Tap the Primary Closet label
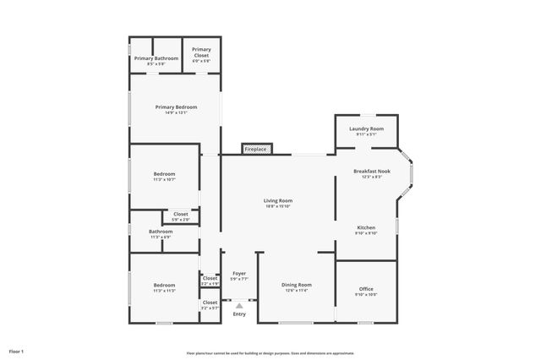click(x=201, y=50)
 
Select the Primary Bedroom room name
click(x=176, y=107)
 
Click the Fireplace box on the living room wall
click(x=256, y=150)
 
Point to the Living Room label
click(x=278, y=200)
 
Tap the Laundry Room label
click(x=366, y=128)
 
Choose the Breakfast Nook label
click(x=372, y=172)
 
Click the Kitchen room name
click(x=366, y=227)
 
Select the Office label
click(x=366, y=289)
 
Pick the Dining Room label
click(x=296, y=285)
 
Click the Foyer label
click(x=239, y=274)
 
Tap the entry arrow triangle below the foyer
click(x=239, y=305)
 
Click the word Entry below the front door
click(x=239, y=314)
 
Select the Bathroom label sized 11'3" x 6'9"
click(x=161, y=232)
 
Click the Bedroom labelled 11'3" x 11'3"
click(x=164, y=285)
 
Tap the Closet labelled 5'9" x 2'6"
click(x=181, y=214)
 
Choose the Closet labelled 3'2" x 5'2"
click(x=210, y=302)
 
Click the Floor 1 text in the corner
click(x=16, y=351)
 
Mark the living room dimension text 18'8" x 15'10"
click(x=278, y=206)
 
